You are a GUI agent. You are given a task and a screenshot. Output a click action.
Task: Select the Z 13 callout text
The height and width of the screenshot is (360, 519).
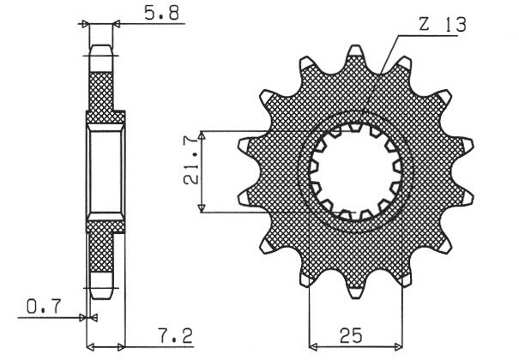[442, 26]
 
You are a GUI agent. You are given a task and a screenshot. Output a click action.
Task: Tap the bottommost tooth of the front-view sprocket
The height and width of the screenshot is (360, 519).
[353, 288]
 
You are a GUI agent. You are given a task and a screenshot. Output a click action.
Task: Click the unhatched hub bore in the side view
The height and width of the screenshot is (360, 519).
[105, 172]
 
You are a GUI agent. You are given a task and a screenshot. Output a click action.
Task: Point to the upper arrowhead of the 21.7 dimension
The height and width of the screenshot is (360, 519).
[202, 136]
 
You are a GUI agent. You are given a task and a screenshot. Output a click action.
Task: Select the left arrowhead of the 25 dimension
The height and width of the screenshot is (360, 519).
[313, 347]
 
